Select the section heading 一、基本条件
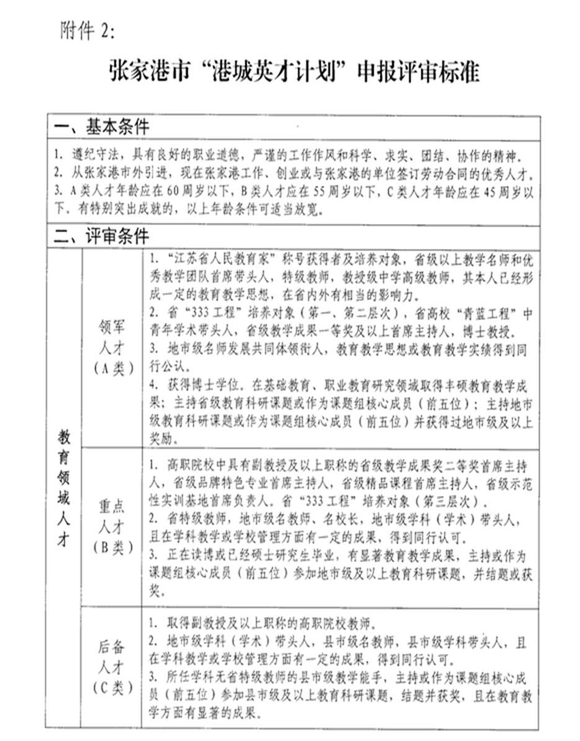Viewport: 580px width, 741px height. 102,128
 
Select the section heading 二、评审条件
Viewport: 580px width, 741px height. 102,236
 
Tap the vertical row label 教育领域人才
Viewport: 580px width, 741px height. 64,487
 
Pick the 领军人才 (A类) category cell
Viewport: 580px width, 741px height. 112,348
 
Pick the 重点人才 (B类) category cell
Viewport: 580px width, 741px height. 112,526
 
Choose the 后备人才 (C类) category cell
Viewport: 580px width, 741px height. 112,667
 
